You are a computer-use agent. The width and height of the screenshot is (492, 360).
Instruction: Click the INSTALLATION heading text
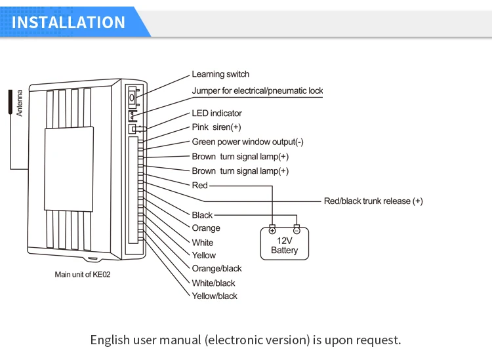click(x=69, y=22)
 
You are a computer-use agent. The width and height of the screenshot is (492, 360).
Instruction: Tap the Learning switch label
click(x=220, y=74)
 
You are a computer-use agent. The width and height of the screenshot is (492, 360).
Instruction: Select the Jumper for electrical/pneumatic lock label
click(x=257, y=90)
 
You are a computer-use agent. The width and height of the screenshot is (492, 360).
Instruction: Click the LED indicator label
click(x=216, y=113)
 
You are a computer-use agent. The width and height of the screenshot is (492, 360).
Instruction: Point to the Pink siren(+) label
click(x=216, y=127)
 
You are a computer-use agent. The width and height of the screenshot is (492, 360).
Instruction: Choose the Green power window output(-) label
click(x=247, y=142)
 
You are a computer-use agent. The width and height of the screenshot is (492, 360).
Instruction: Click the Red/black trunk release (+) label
click(x=373, y=201)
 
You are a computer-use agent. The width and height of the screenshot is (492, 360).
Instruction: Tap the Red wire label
click(x=199, y=186)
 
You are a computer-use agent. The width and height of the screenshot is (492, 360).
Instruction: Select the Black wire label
click(x=202, y=215)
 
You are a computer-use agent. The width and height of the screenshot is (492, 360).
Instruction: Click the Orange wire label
click(x=206, y=228)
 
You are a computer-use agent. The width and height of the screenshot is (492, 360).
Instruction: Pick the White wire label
click(x=203, y=243)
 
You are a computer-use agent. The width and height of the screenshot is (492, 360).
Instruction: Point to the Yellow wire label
click(x=203, y=255)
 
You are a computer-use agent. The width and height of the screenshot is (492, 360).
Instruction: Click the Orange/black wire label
click(x=216, y=268)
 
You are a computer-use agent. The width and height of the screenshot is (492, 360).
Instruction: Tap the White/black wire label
click(x=213, y=283)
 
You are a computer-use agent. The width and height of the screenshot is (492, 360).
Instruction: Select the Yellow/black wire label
click(x=215, y=296)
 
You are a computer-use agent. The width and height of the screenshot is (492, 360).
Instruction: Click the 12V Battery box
click(x=284, y=246)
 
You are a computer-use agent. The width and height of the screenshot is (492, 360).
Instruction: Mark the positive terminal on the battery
click(x=272, y=231)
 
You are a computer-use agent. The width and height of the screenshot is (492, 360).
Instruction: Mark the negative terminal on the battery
click(x=297, y=231)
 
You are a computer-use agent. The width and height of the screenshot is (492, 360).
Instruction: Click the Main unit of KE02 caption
click(x=83, y=274)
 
